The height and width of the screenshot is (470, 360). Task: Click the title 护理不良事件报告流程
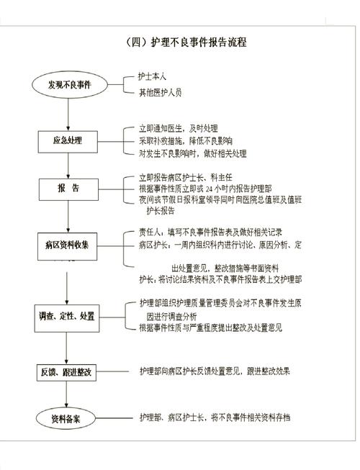pos(186,42)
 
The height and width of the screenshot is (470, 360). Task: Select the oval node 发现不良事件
pos(69,84)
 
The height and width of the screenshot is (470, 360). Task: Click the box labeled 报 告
pos(69,189)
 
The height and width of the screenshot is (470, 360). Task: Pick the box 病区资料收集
pos(68,245)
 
